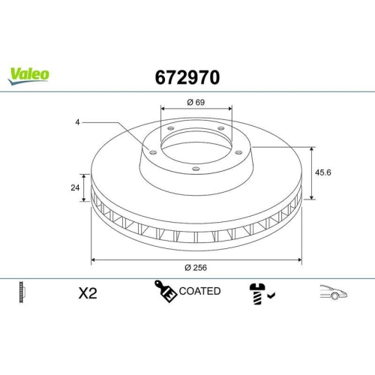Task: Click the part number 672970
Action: click(x=187, y=76)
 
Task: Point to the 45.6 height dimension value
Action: click(x=322, y=172)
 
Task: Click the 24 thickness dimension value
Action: click(x=75, y=188)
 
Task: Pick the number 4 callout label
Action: click(x=76, y=121)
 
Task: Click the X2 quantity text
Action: click(x=88, y=293)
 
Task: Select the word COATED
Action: click(x=199, y=291)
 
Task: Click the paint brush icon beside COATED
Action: click(x=165, y=291)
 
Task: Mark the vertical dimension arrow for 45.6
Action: click(x=311, y=172)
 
